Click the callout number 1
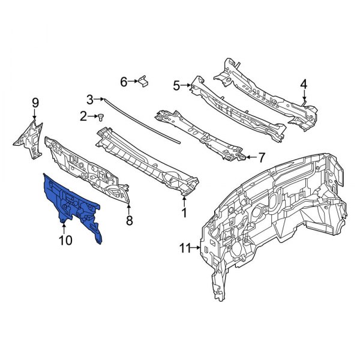184,212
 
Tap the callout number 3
91,99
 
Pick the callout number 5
176,86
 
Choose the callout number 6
124,82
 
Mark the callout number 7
261,158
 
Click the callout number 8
128,220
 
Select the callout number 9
35,102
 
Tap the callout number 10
65,241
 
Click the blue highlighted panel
72,204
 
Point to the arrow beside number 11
196,247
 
